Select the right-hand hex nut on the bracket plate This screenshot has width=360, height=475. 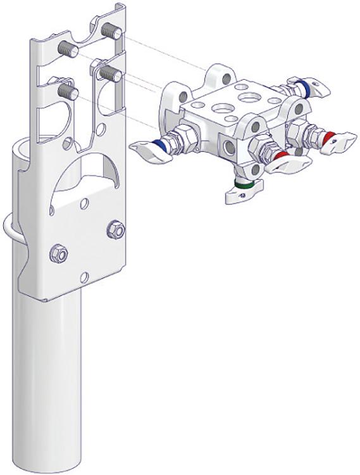click(116, 229)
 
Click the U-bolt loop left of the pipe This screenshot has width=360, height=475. click(9, 228)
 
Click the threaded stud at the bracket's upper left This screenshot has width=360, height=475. click(66, 46)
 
